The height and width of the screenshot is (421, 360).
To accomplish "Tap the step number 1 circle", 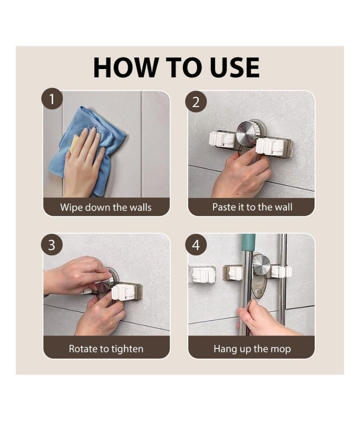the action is click(52, 99).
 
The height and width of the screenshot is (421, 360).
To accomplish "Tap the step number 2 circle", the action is click(196, 102).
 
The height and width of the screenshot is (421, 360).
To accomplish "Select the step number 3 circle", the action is click(52, 245).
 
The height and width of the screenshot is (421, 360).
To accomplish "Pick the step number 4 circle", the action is click(196, 245).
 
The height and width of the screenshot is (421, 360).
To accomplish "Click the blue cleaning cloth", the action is click(86, 150).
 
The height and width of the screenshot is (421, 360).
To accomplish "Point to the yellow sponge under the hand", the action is click(73, 143).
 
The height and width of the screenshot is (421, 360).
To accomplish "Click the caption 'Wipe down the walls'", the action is click(106, 208).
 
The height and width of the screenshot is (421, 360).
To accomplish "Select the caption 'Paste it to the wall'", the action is click(252, 207).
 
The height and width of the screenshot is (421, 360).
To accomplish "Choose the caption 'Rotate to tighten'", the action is click(106, 349).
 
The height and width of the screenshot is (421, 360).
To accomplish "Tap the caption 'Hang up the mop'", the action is click(252, 349).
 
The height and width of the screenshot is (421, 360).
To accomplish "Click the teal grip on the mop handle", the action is click(248, 242).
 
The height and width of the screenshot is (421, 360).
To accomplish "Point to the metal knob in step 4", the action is click(261, 265).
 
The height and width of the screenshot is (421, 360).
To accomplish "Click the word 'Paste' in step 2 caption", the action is click(223, 207).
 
